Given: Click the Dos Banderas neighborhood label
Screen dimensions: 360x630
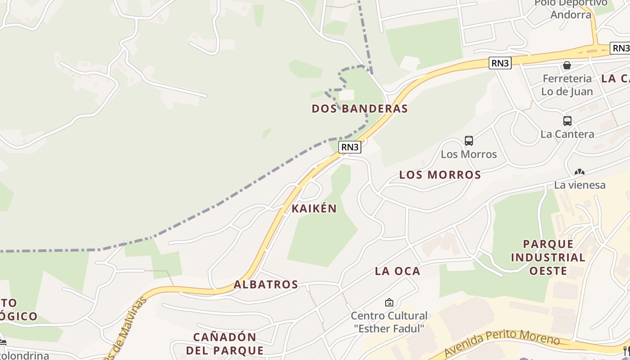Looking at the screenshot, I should point(360,108).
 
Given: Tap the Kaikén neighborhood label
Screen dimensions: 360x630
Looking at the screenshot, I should point(314,208).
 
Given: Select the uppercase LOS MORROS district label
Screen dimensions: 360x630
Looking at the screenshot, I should point(440,175).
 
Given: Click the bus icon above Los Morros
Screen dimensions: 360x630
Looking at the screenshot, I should point(469,141).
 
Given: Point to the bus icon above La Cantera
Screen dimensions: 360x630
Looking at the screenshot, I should point(567,121).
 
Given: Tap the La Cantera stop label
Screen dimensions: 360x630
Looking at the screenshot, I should point(567,134).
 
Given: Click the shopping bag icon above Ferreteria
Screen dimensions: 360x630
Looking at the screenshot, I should point(567,65).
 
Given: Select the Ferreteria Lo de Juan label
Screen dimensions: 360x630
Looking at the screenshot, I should point(567,85).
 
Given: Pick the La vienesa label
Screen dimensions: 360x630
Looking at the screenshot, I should point(580,185).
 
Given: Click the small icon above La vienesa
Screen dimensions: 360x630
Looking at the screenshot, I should point(580,172).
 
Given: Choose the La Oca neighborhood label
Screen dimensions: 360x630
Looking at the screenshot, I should point(397,271).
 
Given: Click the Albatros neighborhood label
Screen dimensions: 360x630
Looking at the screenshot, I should point(265,284).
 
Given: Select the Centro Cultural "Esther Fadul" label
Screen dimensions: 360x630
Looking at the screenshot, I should point(389,322).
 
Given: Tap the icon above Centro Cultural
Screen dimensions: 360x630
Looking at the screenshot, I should point(389,302).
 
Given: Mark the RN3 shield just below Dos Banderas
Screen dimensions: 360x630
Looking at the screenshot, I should point(350,147).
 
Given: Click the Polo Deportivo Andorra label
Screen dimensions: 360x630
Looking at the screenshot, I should point(571,9).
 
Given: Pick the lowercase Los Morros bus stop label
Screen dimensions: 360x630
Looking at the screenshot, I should point(469,154).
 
